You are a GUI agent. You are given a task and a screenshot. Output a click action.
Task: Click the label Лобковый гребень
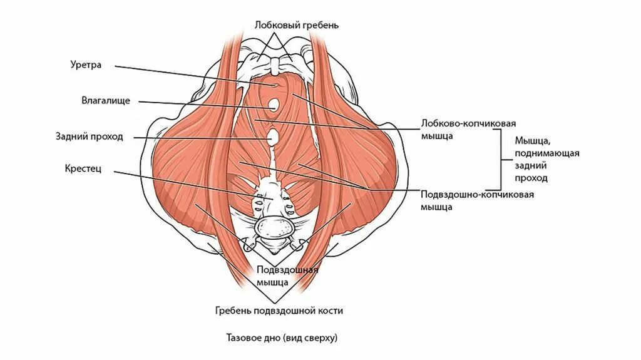click(x=297, y=25)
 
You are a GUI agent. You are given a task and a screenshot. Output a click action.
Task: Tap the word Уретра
click(x=86, y=64)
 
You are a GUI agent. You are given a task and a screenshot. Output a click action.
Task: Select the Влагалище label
click(x=105, y=100)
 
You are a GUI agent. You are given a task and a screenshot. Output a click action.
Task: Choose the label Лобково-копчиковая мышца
click(x=463, y=130)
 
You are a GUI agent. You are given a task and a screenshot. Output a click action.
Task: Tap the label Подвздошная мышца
click(x=288, y=275)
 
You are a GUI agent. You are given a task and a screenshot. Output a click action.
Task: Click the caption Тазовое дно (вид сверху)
click(x=282, y=338)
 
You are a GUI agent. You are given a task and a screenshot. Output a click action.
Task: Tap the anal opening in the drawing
click(x=274, y=136)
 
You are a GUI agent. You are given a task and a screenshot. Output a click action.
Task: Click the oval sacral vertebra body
click(x=274, y=227)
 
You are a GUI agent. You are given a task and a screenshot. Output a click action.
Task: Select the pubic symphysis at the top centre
click(x=274, y=64)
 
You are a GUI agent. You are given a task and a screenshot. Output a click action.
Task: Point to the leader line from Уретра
click(x=188, y=73)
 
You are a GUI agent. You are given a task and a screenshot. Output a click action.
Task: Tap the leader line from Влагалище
click(x=200, y=105)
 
